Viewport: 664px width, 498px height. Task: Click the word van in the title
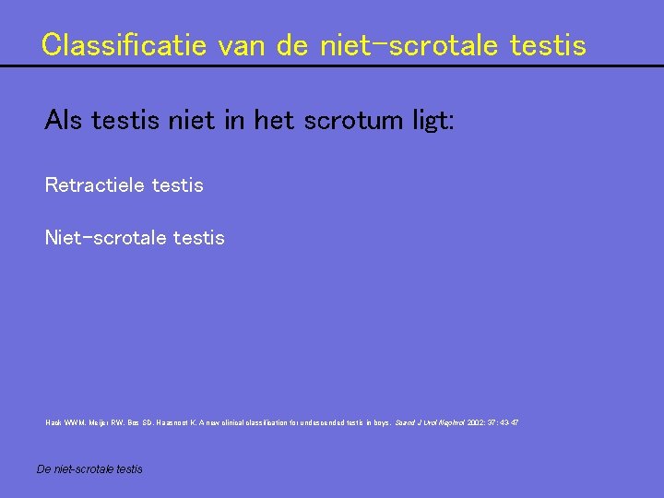(246, 44)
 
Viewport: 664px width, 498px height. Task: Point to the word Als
(63, 121)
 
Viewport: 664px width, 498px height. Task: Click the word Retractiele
(94, 185)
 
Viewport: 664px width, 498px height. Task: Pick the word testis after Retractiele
(177, 185)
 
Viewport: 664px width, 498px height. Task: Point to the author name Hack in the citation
(53, 422)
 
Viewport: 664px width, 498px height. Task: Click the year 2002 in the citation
(477, 422)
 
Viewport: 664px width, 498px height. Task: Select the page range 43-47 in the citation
(510, 422)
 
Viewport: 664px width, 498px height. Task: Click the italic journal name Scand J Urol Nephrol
(429, 422)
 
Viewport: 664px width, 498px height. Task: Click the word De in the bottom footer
(43, 469)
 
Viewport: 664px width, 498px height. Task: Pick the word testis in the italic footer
(128, 469)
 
